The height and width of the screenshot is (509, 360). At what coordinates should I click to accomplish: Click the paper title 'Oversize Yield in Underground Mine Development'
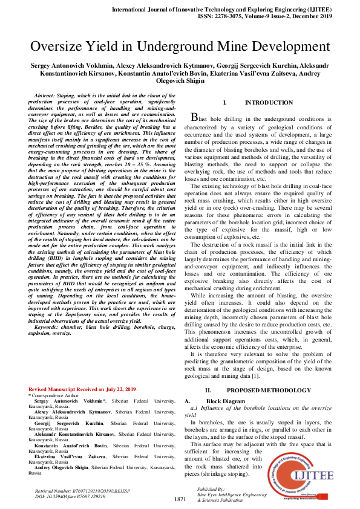[x=180, y=47]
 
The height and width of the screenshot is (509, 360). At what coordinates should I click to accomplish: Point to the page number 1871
[x=180, y=499]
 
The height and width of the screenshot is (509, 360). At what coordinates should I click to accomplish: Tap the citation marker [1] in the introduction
[x=255, y=376]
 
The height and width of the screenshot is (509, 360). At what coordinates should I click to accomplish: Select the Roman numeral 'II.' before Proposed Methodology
[x=208, y=391]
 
